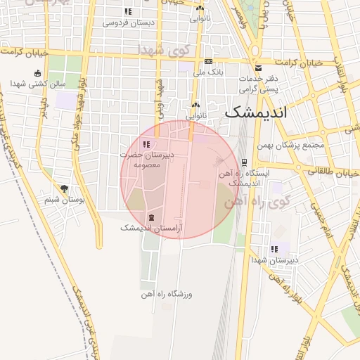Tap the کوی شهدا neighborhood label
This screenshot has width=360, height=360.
click(166, 49)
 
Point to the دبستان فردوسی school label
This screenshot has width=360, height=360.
click(128, 22)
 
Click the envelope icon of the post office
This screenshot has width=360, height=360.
click(259, 68)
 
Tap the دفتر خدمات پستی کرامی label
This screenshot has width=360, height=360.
click(259, 84)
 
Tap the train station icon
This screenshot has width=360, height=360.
click(244, 161)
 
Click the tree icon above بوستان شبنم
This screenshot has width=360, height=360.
click(65, 188)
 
